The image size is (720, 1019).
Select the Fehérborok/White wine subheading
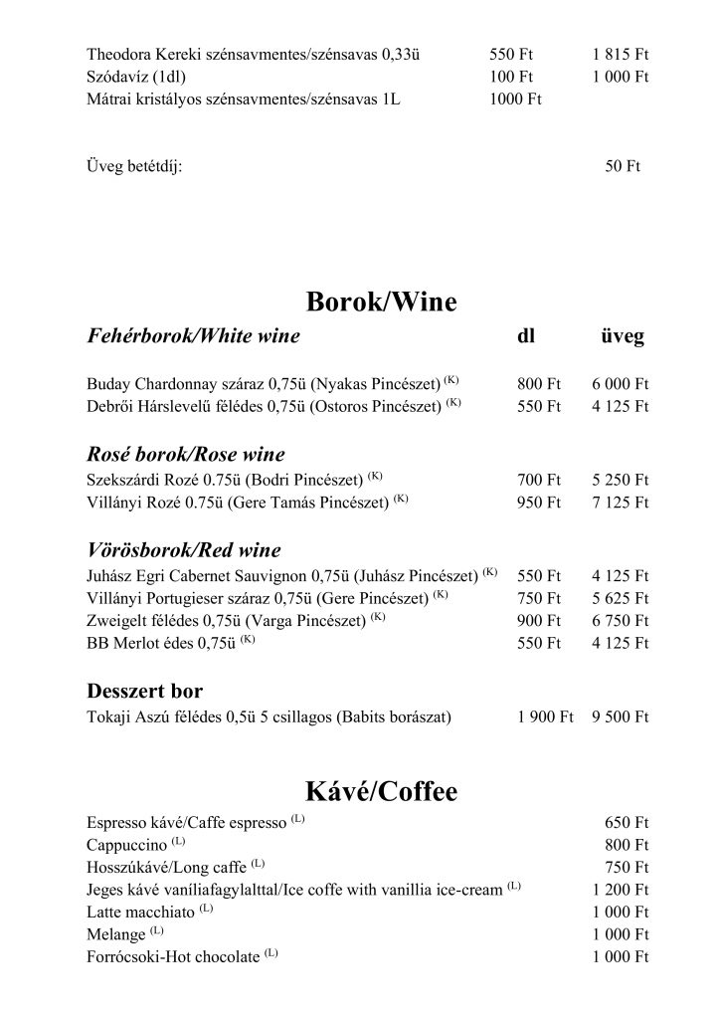(193, 336)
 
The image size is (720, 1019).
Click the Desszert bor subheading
(145, 690)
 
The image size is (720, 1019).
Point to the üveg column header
(622, 336)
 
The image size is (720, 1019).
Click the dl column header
(527, 336)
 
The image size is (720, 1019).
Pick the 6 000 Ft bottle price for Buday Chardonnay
(620, 382)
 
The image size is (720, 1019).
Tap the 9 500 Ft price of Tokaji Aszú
(620, 716)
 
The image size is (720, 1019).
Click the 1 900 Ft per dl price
(546, 716)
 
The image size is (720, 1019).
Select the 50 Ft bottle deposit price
(623, 166)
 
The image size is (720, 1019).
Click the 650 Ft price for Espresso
(627, 823)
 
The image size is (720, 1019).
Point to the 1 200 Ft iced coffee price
(620, 890)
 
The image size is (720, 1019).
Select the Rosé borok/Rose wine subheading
(186, 455)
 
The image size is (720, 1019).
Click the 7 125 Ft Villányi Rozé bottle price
(620, 502)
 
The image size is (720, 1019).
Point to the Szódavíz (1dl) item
(136, 76)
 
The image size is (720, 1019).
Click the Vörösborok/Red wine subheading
(184, 550)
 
